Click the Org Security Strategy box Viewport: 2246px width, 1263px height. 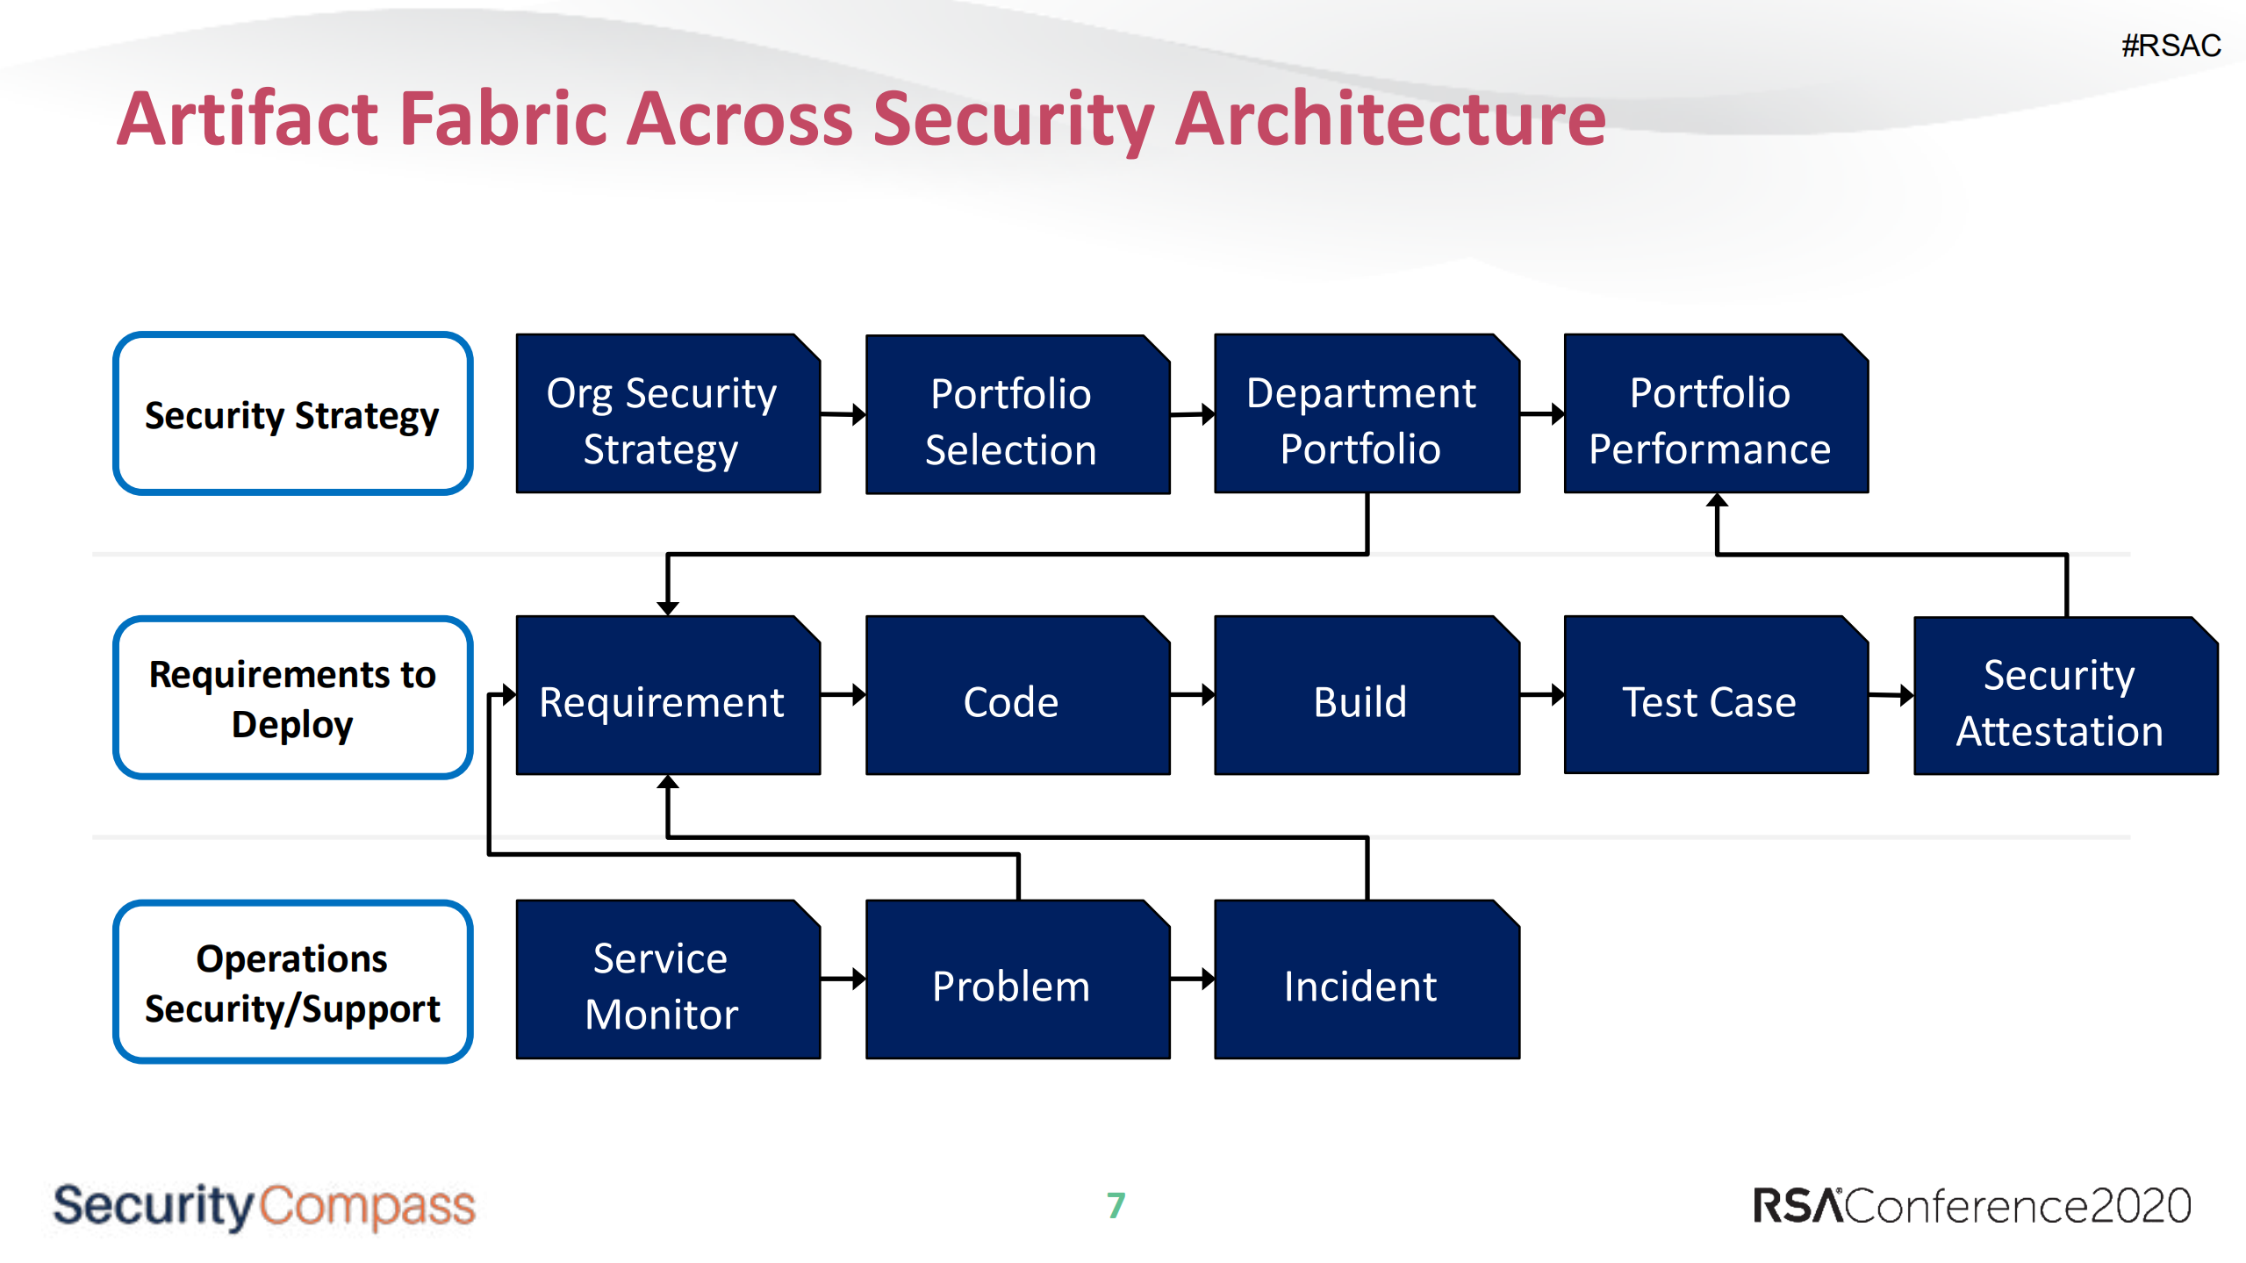tap(667, 414)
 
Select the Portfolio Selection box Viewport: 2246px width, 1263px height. tap(1016, 415)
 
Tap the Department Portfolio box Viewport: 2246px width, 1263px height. tap(1366, 414)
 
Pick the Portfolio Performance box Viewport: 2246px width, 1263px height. tap(1715, 414)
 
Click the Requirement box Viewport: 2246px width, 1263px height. tap(667, 696)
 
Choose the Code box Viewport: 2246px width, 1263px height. tap(1016, 696)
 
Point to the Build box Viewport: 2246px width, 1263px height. tap(1366, 696)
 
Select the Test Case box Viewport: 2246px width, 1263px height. tap(1715, 696)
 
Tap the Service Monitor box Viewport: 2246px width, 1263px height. tap(667, 980)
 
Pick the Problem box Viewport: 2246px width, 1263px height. tap(1016, 980)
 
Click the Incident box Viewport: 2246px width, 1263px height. tap(1366, 980)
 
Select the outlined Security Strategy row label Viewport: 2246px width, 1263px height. tap(292, 414)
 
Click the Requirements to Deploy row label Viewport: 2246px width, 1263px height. tap(292, 698)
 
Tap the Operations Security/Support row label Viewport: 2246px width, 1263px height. tap(292, 982)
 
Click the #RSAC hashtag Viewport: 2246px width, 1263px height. tap(2170, 46)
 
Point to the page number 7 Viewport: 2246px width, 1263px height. tap(1116, 1205)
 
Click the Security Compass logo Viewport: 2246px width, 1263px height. tap(263, 1205)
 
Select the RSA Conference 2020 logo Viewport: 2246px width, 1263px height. tap(1970, 1205)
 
